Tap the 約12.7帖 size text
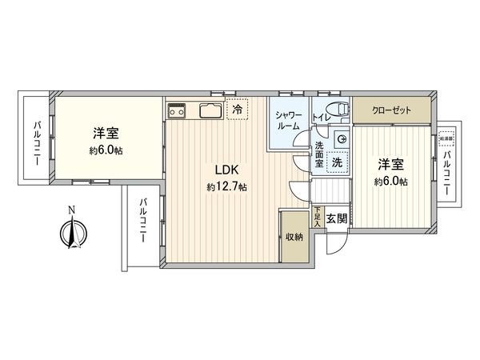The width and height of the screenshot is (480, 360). point(226,187)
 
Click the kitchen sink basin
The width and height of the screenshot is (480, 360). point(210,110)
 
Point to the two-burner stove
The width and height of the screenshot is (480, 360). point(177,110)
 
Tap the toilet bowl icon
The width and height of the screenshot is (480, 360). point(336,110)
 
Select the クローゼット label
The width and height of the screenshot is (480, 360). point(391,110)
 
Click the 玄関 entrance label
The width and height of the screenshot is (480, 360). point(337,218)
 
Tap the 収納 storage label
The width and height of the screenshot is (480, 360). point(294,237)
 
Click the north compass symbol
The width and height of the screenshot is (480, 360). point(71,234)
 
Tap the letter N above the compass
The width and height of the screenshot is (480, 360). point(71,210)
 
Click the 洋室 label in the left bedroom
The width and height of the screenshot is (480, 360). point(106,134)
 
